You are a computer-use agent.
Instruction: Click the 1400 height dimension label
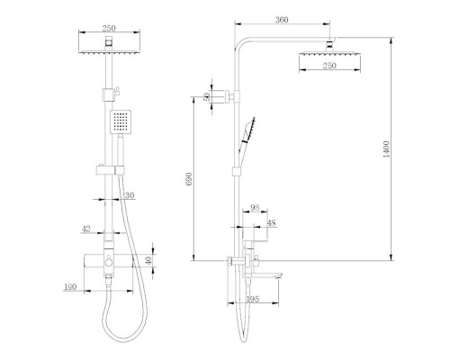[386, 149]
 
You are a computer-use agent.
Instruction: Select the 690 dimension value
[189, 179]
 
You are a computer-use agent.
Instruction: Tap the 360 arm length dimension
[282, 20]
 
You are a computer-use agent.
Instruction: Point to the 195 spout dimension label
[252, 299]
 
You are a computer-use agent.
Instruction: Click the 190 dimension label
[70, 287]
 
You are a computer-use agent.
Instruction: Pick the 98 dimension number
[255, 208]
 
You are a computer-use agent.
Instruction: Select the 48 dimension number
[271, 223]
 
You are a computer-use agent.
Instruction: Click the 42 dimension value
[86, 229]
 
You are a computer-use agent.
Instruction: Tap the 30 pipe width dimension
[130, 195]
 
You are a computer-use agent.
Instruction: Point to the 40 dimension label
[149, 260]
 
